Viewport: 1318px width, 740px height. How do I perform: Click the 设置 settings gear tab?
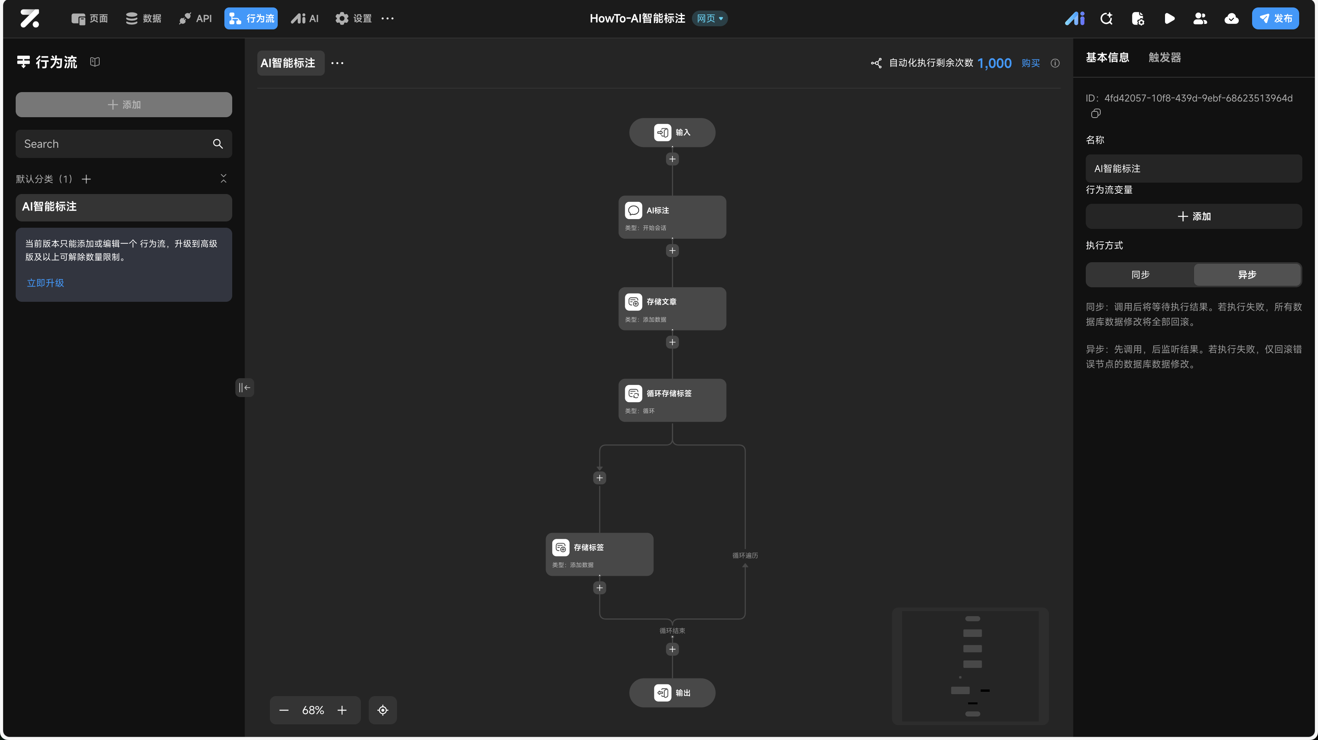click(353, 18)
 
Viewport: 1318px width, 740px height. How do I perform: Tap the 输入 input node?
click(672, 132)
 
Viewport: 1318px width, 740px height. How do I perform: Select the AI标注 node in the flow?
click(672, 217)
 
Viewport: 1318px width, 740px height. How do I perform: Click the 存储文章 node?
click(672, 308)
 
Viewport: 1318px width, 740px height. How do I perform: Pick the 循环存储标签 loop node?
click(672, 400)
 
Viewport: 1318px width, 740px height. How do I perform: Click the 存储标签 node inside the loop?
click(599, 554)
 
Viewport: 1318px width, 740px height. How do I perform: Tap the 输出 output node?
click(672, 693)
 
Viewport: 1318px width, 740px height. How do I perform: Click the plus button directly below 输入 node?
click(672, 159)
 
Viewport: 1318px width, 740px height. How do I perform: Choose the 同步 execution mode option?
click(1140, 275)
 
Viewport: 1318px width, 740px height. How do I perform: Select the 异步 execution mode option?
click(1247, 275)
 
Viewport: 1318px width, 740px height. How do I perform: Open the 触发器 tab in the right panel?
click(1165, 57)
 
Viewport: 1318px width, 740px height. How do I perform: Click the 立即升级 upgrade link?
click(46, 283)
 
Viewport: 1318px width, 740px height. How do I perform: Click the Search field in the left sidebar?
click(115, 144)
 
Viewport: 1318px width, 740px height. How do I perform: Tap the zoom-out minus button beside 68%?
click(284, 710)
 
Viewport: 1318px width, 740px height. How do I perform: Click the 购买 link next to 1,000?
click(1030, 63)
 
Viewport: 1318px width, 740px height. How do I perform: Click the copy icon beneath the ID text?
click(1096, 114)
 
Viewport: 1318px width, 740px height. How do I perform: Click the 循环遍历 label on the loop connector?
click(745, 555)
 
